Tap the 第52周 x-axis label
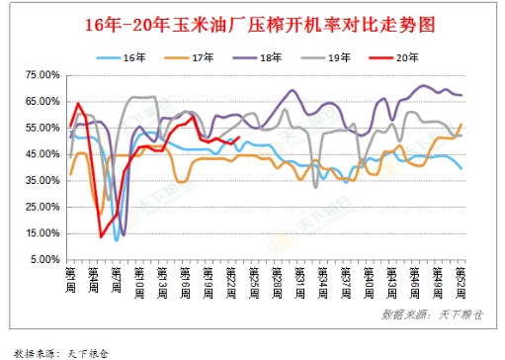click(461, 280)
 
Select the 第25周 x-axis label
click(254, 280)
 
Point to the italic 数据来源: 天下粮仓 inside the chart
click(426, 315)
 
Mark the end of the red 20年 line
click(239, 137)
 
